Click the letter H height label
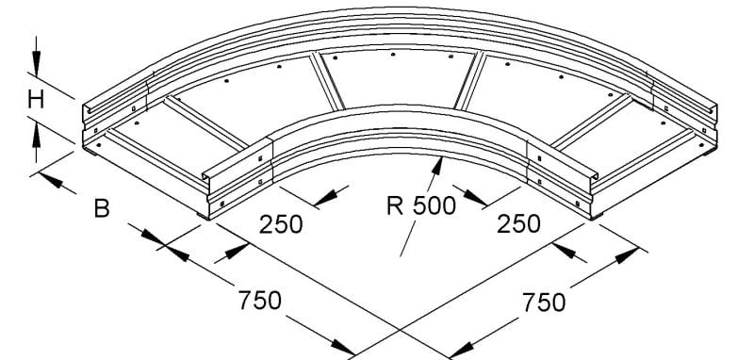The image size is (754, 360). click(x=36, y=100)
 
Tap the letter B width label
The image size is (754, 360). click(x=102, y=209)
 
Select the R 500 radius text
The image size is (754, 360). click(x=420, y=205)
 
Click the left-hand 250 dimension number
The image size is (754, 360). click(x=281, y=224)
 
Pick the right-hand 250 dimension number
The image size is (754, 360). click(x=518, y=224)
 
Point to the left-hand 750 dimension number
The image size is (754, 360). click(x=260, y=301)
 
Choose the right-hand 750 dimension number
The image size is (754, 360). click(x=544, y=303)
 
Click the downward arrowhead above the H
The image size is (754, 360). click(x=36, y=61)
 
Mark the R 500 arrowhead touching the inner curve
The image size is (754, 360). click(x=437, y=165)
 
